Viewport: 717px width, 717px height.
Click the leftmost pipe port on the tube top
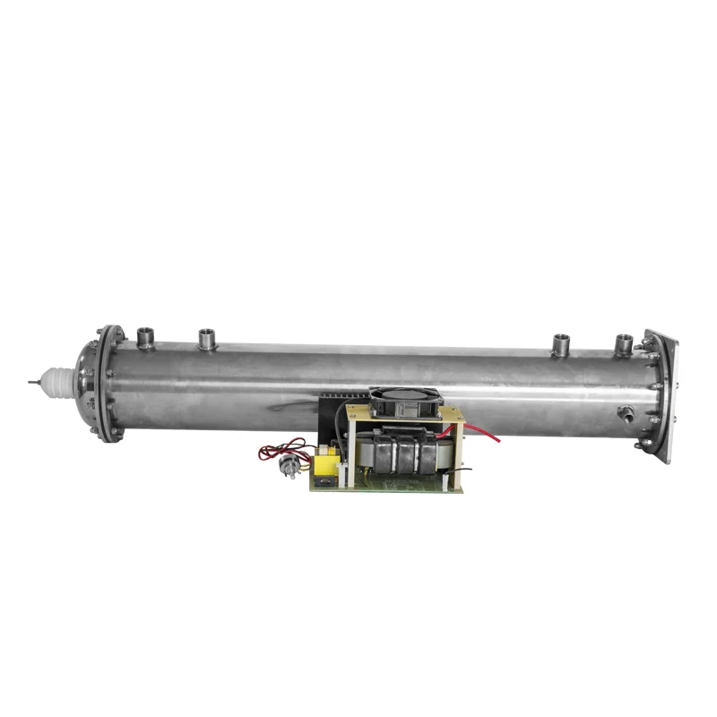point(145,338)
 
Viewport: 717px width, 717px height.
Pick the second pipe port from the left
point(208,339)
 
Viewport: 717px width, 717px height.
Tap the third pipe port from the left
point(562,342)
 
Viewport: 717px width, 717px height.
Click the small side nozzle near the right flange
point(625,413)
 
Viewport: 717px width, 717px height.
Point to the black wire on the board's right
point(466,466)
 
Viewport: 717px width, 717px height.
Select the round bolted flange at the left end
point(108,384)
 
